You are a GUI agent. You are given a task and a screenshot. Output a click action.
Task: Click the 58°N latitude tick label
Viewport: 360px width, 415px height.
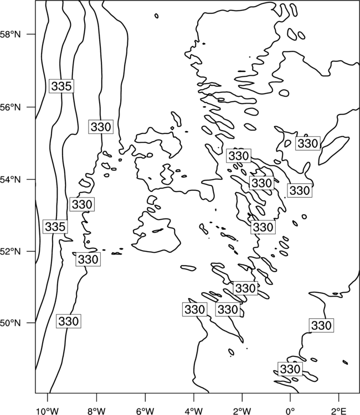(x=10, y=34)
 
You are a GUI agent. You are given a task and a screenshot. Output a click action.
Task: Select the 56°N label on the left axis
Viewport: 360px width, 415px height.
(x=10, y=107)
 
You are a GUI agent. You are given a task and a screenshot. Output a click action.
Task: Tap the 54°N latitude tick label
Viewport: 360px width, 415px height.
(x=10, y=180)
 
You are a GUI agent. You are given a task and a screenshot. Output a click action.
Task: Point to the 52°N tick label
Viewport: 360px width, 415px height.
(x=10, y=251)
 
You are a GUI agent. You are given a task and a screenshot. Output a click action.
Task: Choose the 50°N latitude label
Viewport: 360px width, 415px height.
(x=10, y=323)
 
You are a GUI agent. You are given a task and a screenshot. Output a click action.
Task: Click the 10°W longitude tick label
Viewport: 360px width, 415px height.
(x=48, y=411)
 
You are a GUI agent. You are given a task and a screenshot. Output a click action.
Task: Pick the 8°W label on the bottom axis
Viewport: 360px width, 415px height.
(x=96, y=411)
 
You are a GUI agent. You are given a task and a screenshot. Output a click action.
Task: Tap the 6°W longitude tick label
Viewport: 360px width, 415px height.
(x=145, y=411)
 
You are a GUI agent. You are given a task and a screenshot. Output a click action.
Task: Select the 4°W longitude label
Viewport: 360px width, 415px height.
(x=194, y=411)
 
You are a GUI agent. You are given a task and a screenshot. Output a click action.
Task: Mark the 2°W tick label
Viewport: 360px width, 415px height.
(x=242, y=411)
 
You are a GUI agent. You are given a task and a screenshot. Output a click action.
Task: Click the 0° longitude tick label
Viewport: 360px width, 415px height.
(x=290, y=411)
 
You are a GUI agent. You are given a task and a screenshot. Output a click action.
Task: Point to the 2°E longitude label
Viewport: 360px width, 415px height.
(x=339, y=411)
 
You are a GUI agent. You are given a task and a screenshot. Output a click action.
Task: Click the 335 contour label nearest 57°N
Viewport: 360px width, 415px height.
(x=61, y=86)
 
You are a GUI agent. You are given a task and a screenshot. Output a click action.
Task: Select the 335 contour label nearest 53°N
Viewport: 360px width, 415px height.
(x=55, y=226)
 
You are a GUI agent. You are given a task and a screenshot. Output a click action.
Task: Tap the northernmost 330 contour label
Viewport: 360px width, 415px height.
(x=101, y=127)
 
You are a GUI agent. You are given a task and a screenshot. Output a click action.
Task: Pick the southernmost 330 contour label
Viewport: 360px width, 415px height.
(x=290, y=369)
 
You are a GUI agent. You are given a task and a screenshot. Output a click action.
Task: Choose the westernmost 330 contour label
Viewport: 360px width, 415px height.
(x=69, y=321)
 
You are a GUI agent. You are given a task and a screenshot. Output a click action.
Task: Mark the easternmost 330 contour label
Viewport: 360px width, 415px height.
(x=321, y=325)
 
